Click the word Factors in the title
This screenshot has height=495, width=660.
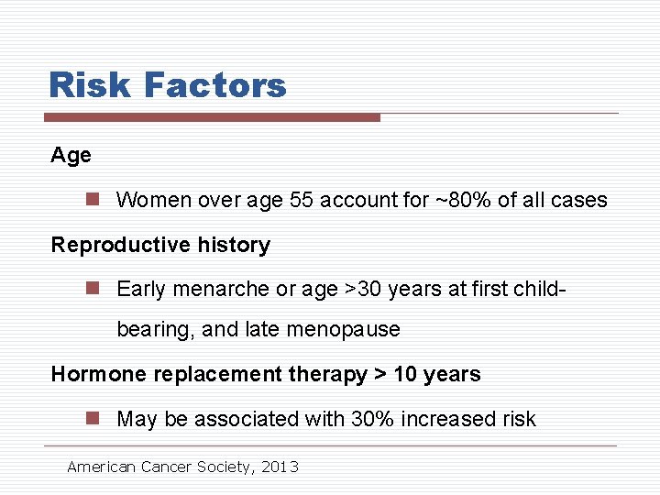[214, 85]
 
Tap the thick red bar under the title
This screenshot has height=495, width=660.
[212, 117]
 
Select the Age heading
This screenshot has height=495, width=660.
[71, 156]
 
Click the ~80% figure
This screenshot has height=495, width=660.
[463, 200]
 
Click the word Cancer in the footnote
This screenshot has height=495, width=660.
[165, 467]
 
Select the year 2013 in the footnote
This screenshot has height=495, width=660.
[280, 467]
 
